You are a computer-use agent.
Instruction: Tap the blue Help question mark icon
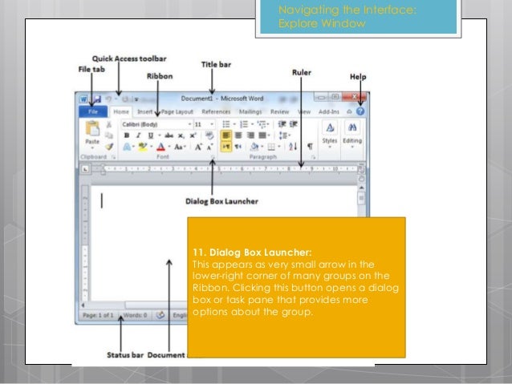(360, 112)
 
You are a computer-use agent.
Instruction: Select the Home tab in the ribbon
(121, 112)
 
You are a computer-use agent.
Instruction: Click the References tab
(216, 112)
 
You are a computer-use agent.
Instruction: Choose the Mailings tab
(250, 112)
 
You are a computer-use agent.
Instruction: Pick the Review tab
(280, 112)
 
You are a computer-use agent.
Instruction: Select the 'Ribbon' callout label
(159, 75)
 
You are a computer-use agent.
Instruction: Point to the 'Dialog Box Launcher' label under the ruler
(221, 200)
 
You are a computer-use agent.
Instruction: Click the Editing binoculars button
(352, 132)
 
